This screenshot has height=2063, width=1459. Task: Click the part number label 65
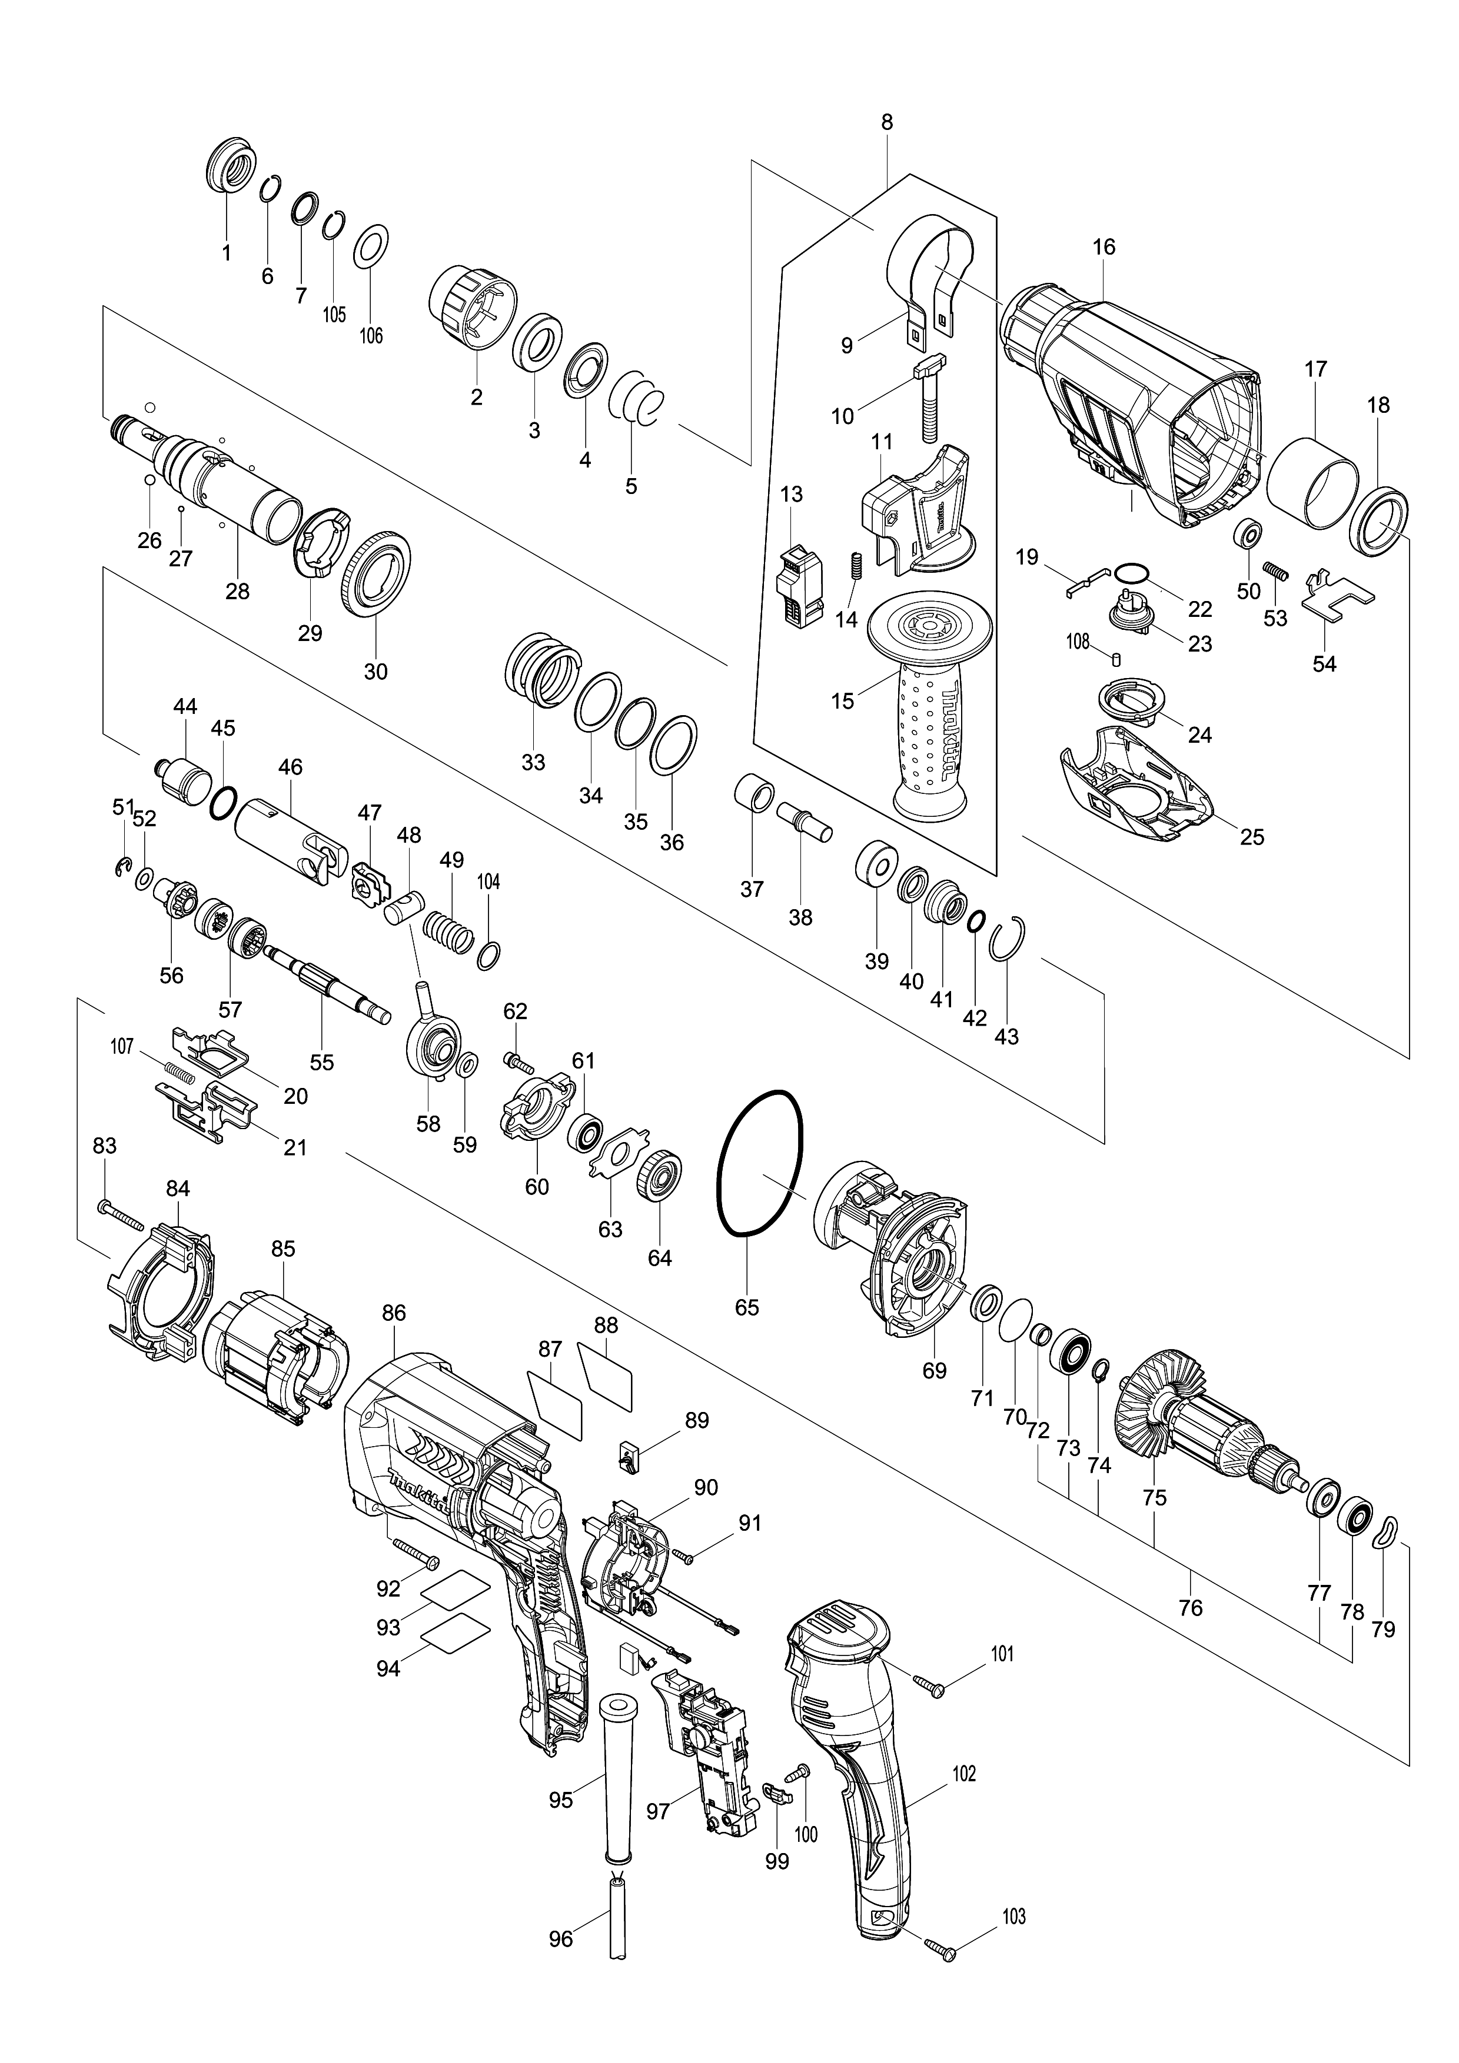747,1307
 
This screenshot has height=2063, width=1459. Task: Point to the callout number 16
1104,246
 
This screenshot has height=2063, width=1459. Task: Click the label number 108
1077,642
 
